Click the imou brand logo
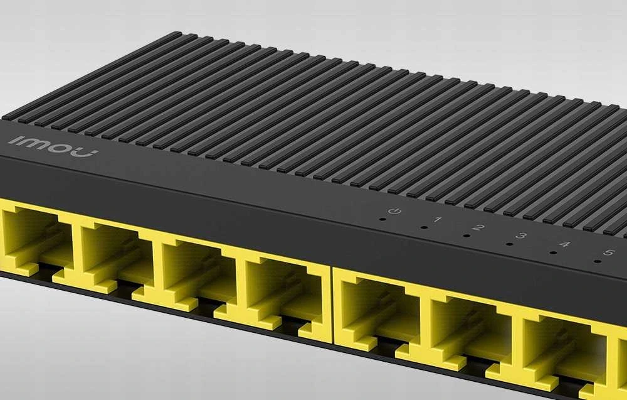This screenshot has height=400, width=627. (53, 146)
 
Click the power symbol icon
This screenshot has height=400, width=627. (394, 210)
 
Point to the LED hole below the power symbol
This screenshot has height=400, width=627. (382, 219)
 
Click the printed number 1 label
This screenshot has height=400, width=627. (438, 219)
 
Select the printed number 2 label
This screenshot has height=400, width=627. (478, 227)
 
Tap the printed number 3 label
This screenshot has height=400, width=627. (520, 236)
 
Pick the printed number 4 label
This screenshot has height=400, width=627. (565, 244)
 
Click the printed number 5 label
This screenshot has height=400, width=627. (609, 252)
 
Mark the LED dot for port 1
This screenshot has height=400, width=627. (424, 227)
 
